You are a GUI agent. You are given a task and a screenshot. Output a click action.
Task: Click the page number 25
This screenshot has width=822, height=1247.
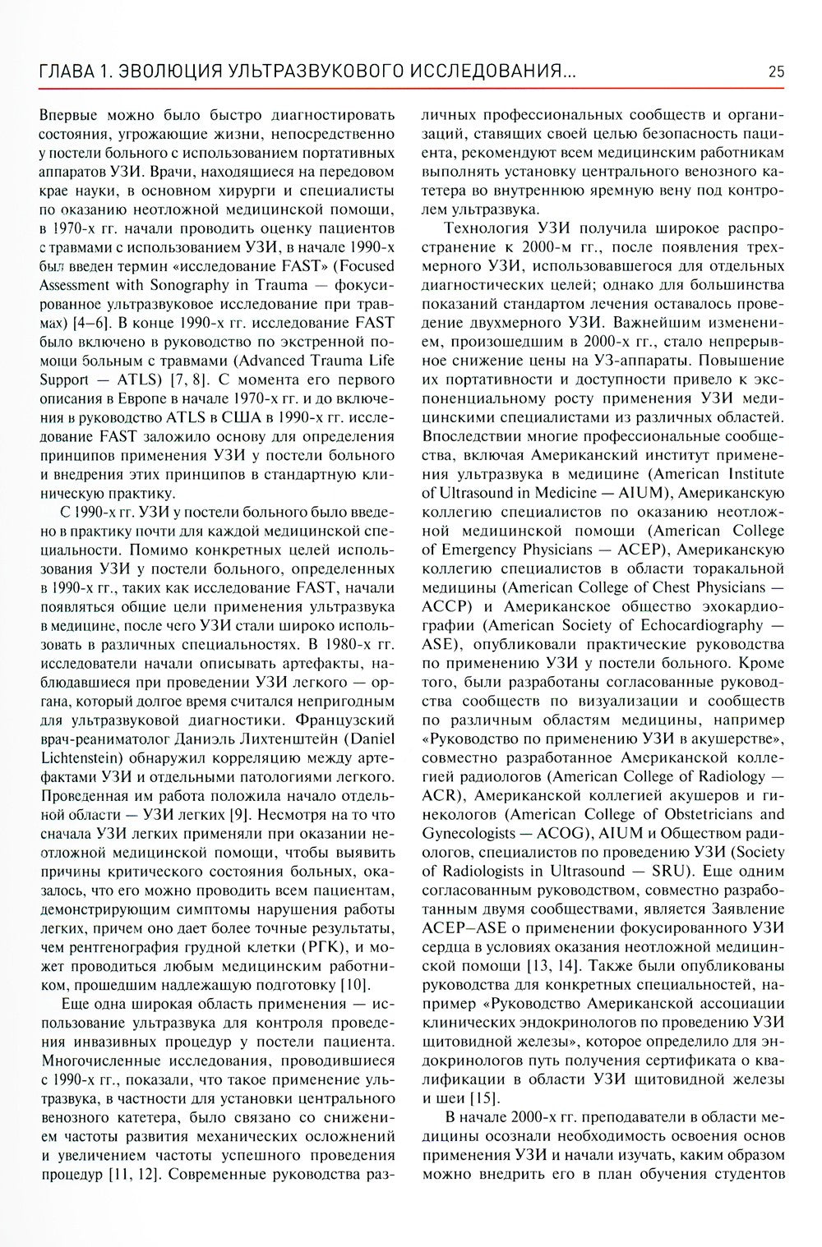(x=776, y=71)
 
